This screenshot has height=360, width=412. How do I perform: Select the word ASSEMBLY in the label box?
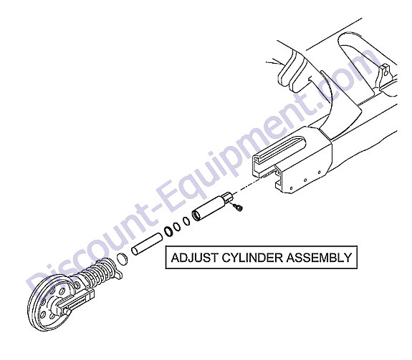[319, 258]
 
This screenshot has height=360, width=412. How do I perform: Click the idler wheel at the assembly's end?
[50, 302]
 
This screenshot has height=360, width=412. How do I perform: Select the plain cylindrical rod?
[147, 244]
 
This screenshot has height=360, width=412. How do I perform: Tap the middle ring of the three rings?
[177, 227]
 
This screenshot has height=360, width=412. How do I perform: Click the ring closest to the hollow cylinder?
[186, 221]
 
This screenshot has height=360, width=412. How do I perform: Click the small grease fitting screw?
[238, 208]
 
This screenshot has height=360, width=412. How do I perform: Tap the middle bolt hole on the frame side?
[305, 180]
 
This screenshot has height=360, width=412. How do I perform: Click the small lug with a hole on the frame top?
[385, 72]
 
